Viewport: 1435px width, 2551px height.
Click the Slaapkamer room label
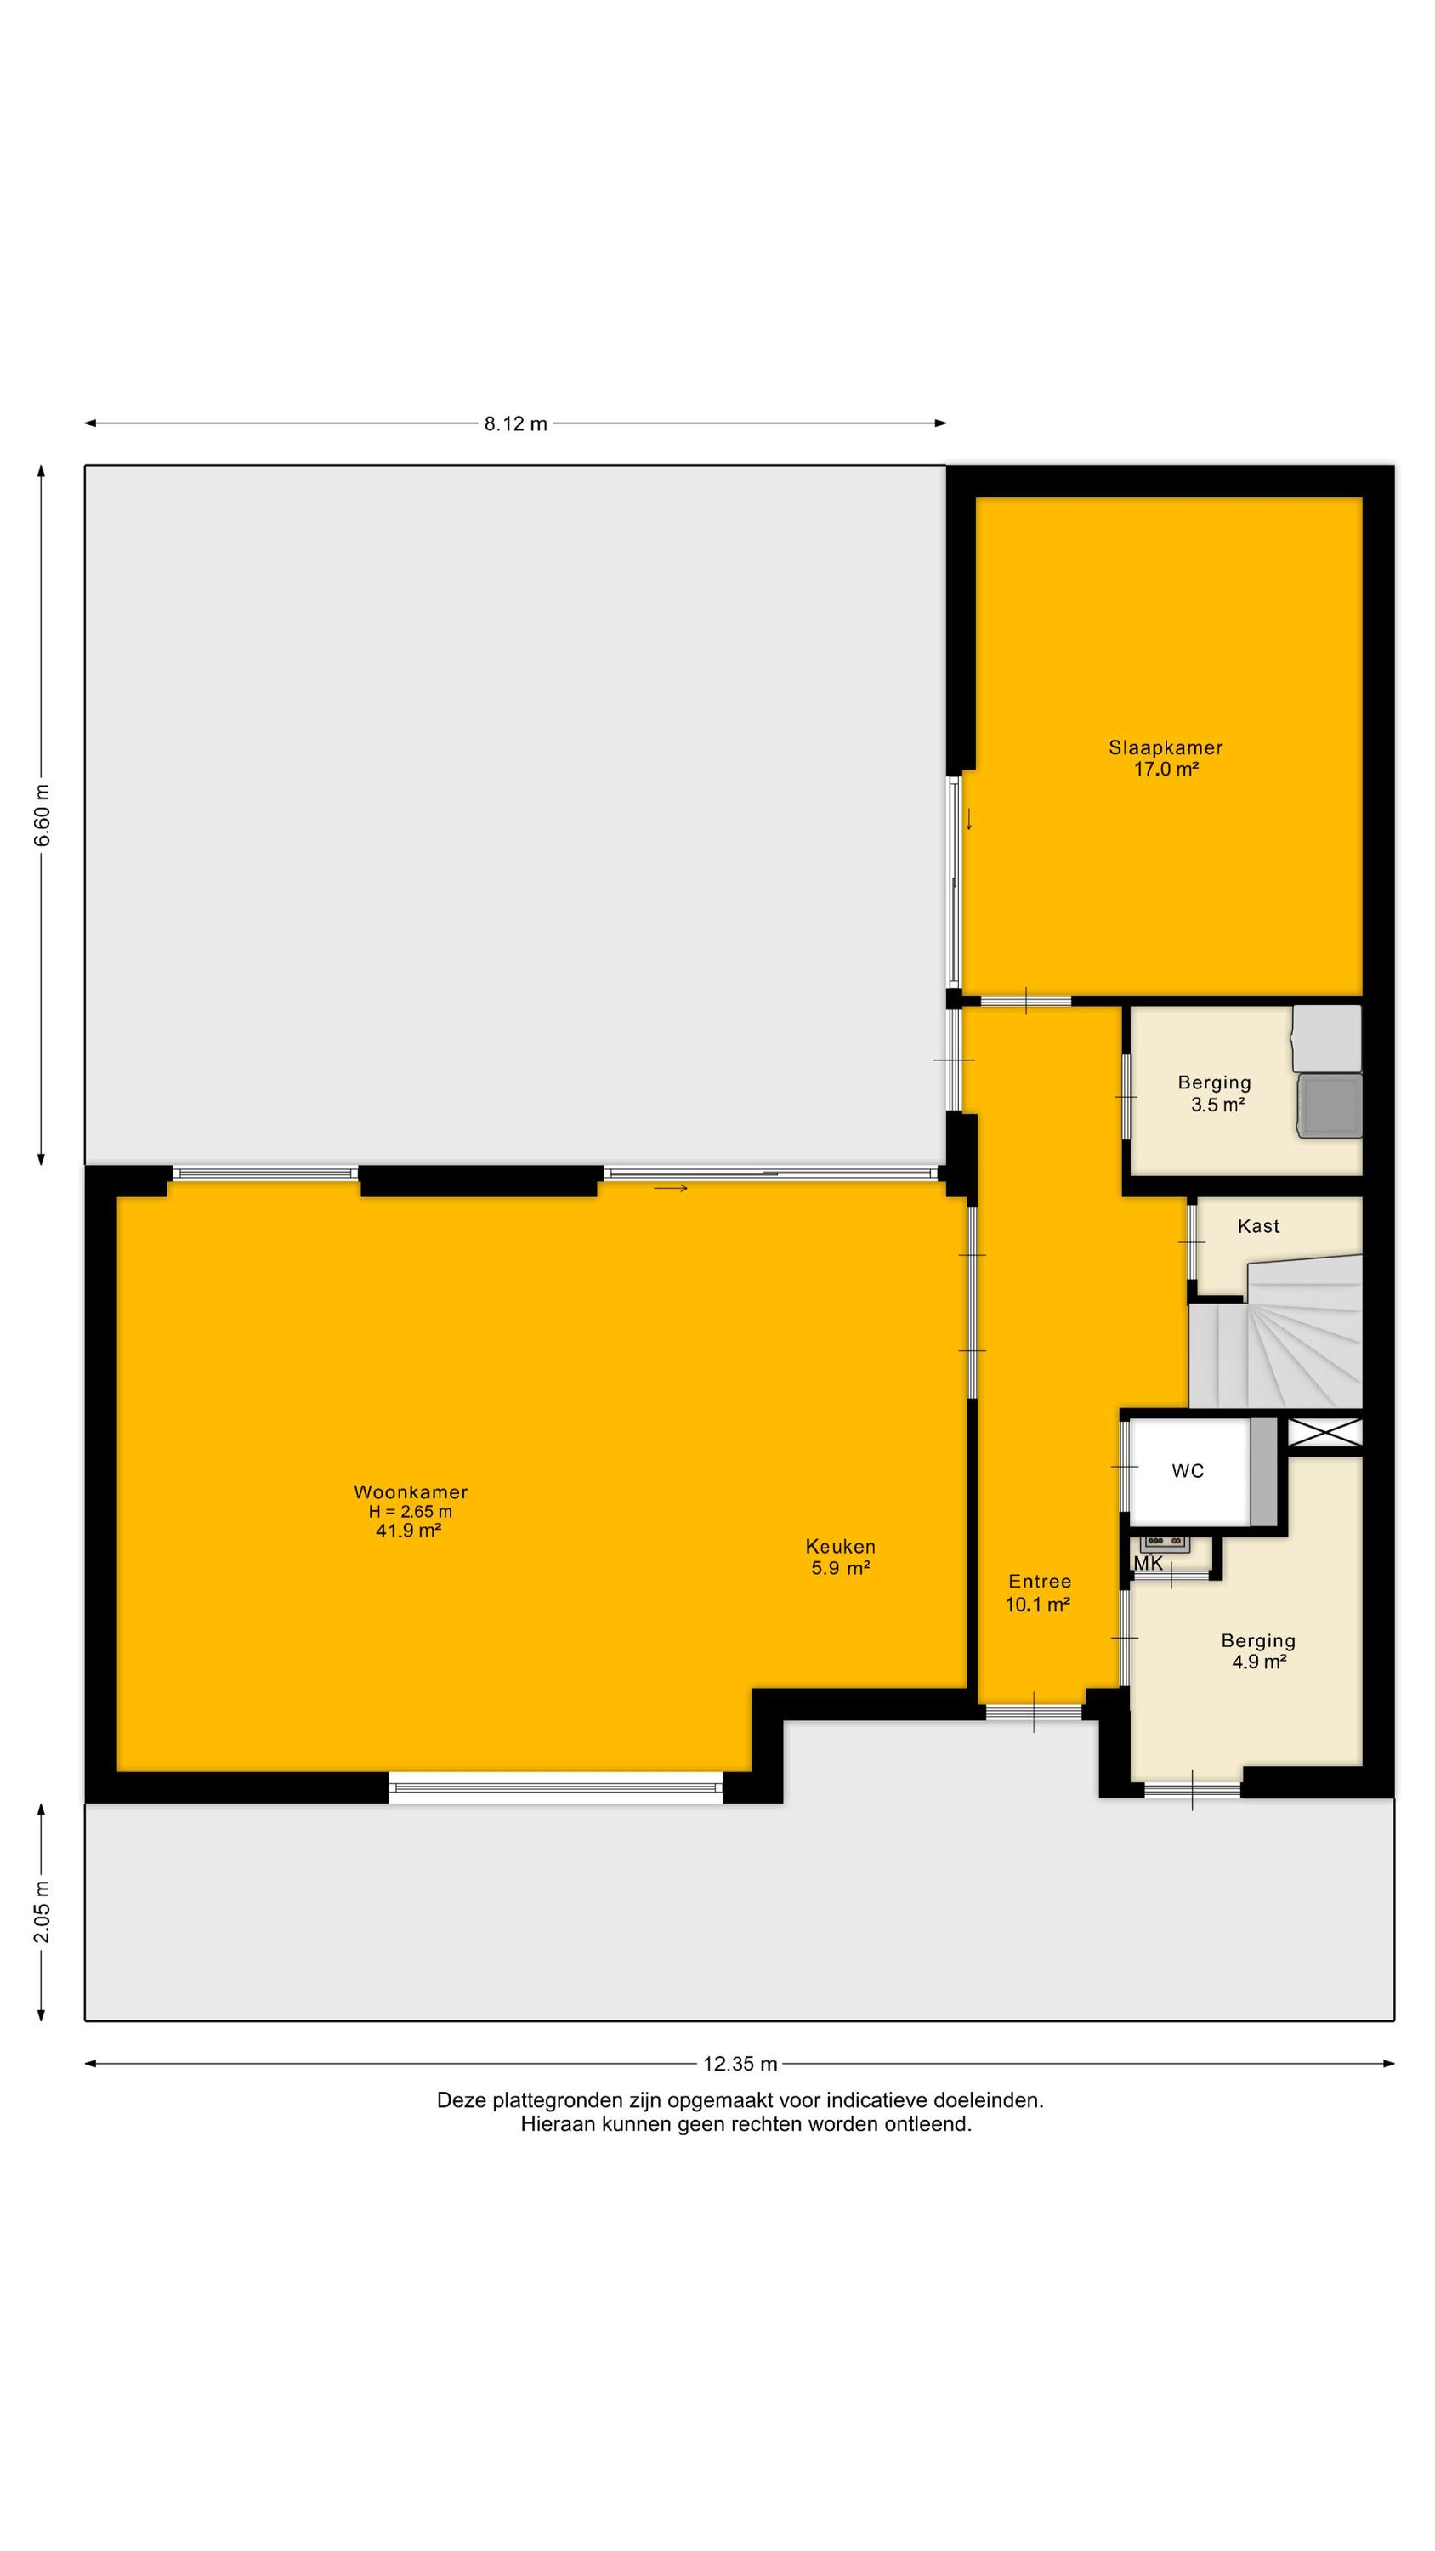click(x=1166, y=747)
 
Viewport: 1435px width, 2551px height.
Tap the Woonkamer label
click(x=410, y=1491)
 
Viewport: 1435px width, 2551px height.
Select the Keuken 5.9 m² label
click(x=840, y=1557)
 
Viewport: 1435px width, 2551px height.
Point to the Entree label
click(x=1039, y=1582)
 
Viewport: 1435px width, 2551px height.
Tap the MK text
click(x=1148, y=1564)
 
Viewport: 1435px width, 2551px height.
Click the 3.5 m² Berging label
click(x=1215, y=1094)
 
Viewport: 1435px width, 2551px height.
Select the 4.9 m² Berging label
click(x=1257, y=1650)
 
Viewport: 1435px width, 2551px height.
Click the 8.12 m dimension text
click(x=515, y=423)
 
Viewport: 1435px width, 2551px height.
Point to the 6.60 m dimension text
click(x=42, y=815)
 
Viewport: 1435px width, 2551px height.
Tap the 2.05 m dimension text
click(x=42, y=1911)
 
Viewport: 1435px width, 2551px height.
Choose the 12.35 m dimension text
click(x=740, y=2064)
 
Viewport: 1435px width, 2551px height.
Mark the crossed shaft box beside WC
click(x=1325, y=1432)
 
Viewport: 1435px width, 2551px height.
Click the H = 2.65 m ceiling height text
click(x=410, y=1511)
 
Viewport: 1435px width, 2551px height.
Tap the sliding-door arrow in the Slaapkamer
click(x=968, y=819)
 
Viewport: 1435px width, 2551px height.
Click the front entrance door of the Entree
click(x=1034, y=1711)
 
